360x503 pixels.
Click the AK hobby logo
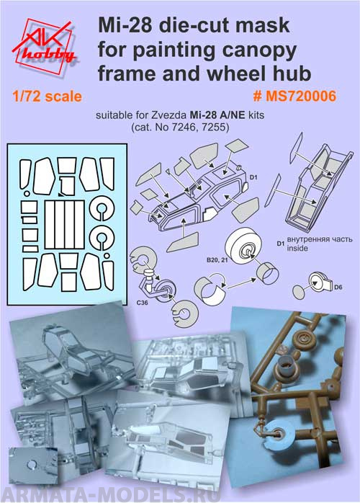coord(44,46)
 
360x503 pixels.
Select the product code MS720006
coord(301,96)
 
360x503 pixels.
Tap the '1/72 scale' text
coord(47,97)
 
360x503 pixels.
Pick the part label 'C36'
coord(142,302)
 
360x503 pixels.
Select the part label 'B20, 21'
coord(217,260)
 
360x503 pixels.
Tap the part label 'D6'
coord(338,287)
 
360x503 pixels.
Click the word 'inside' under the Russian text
coord(297,248)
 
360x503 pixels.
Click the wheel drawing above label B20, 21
coord(243,246)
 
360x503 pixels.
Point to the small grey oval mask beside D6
coord(299,293)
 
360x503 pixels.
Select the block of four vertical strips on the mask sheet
coord(64,225)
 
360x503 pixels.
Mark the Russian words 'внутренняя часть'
coord(320,239)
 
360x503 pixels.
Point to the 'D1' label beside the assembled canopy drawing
coord(253,177)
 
